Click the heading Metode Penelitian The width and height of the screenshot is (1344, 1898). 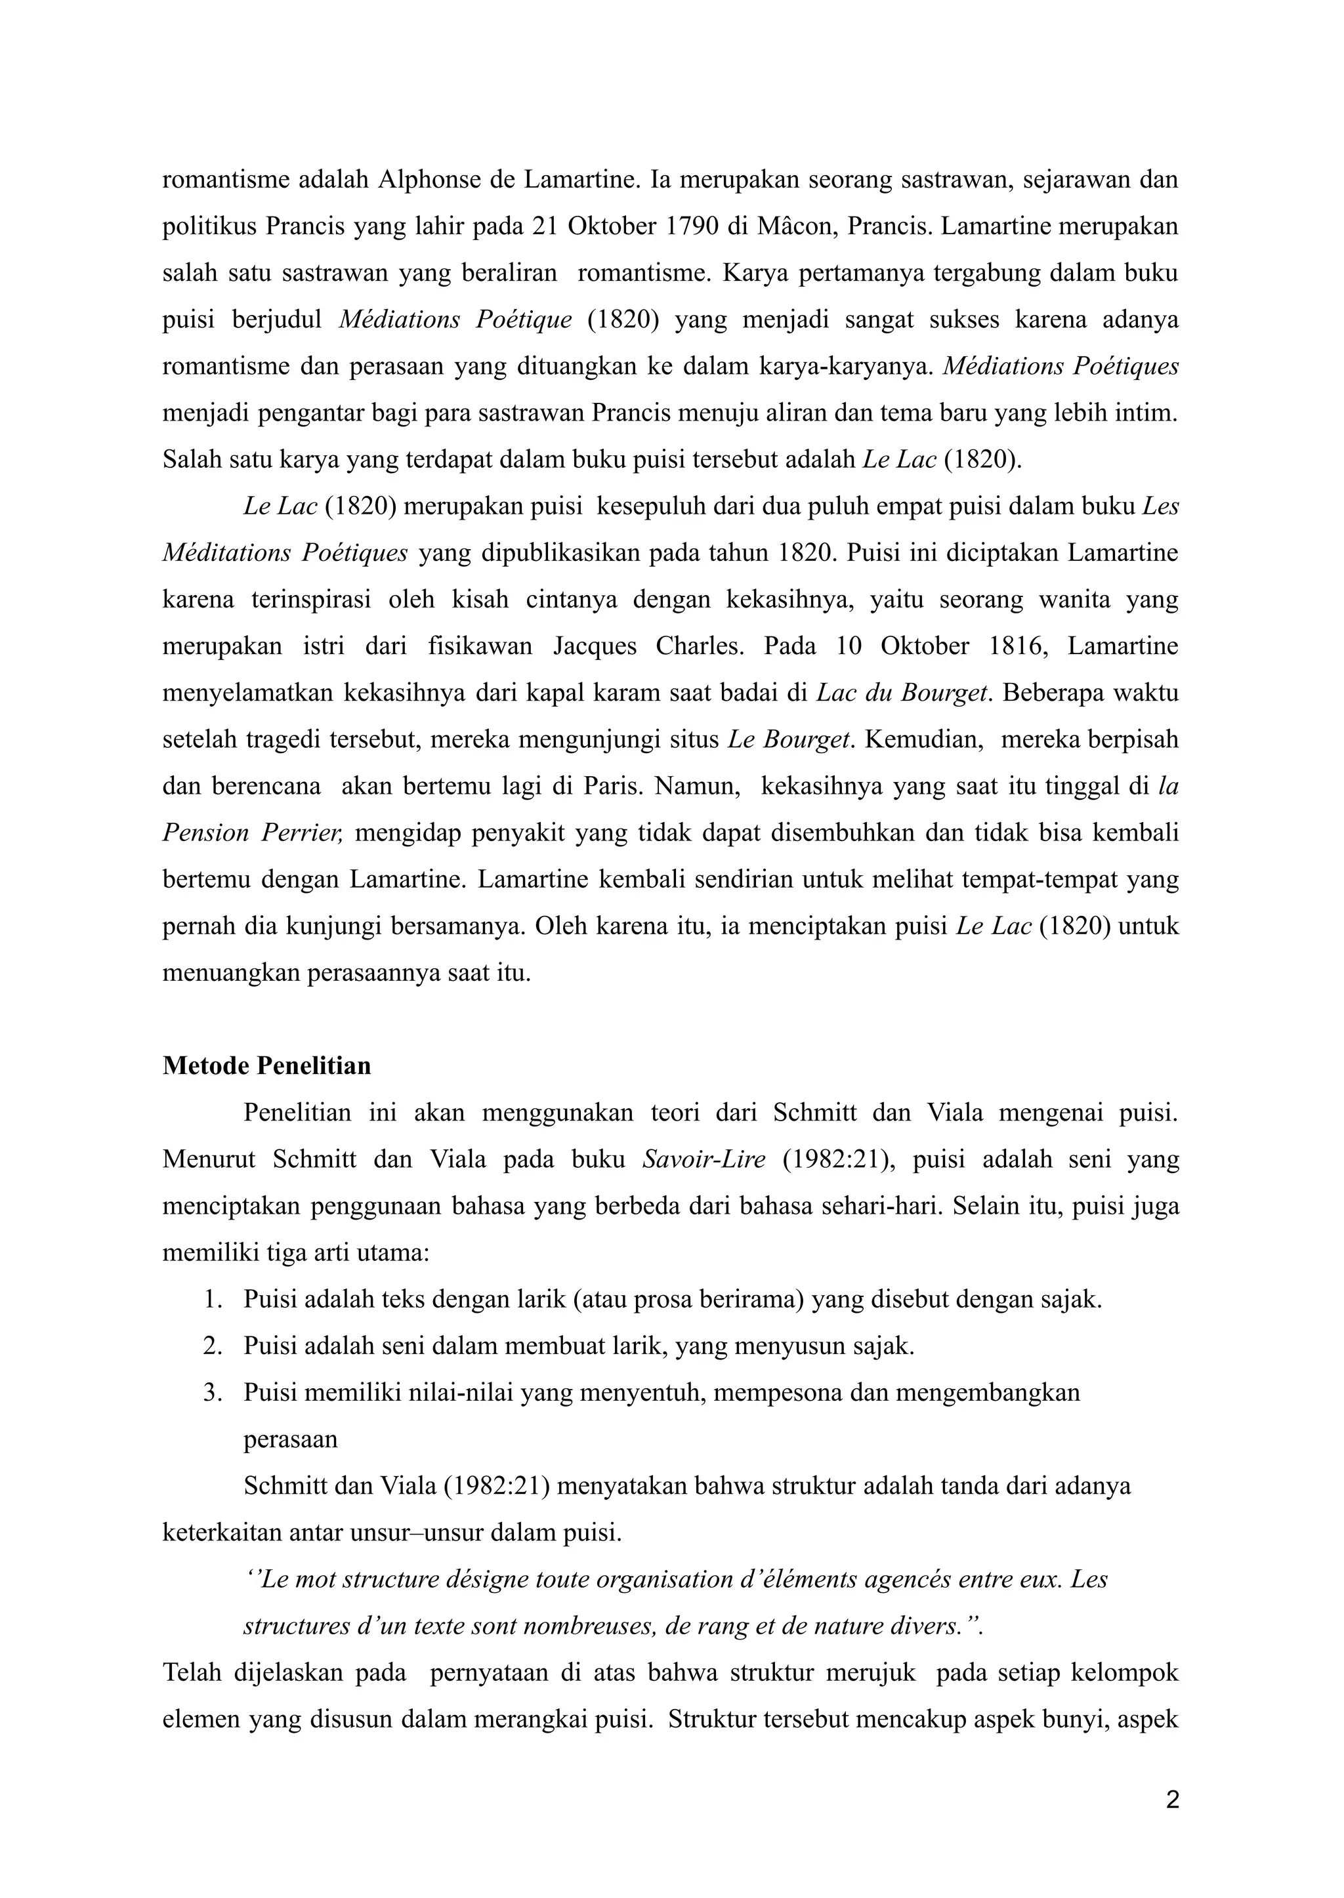(x=266, y=1065)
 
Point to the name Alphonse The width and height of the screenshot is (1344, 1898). (x=430, y=180)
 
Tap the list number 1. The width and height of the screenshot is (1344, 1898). (x=212, y=1299)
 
